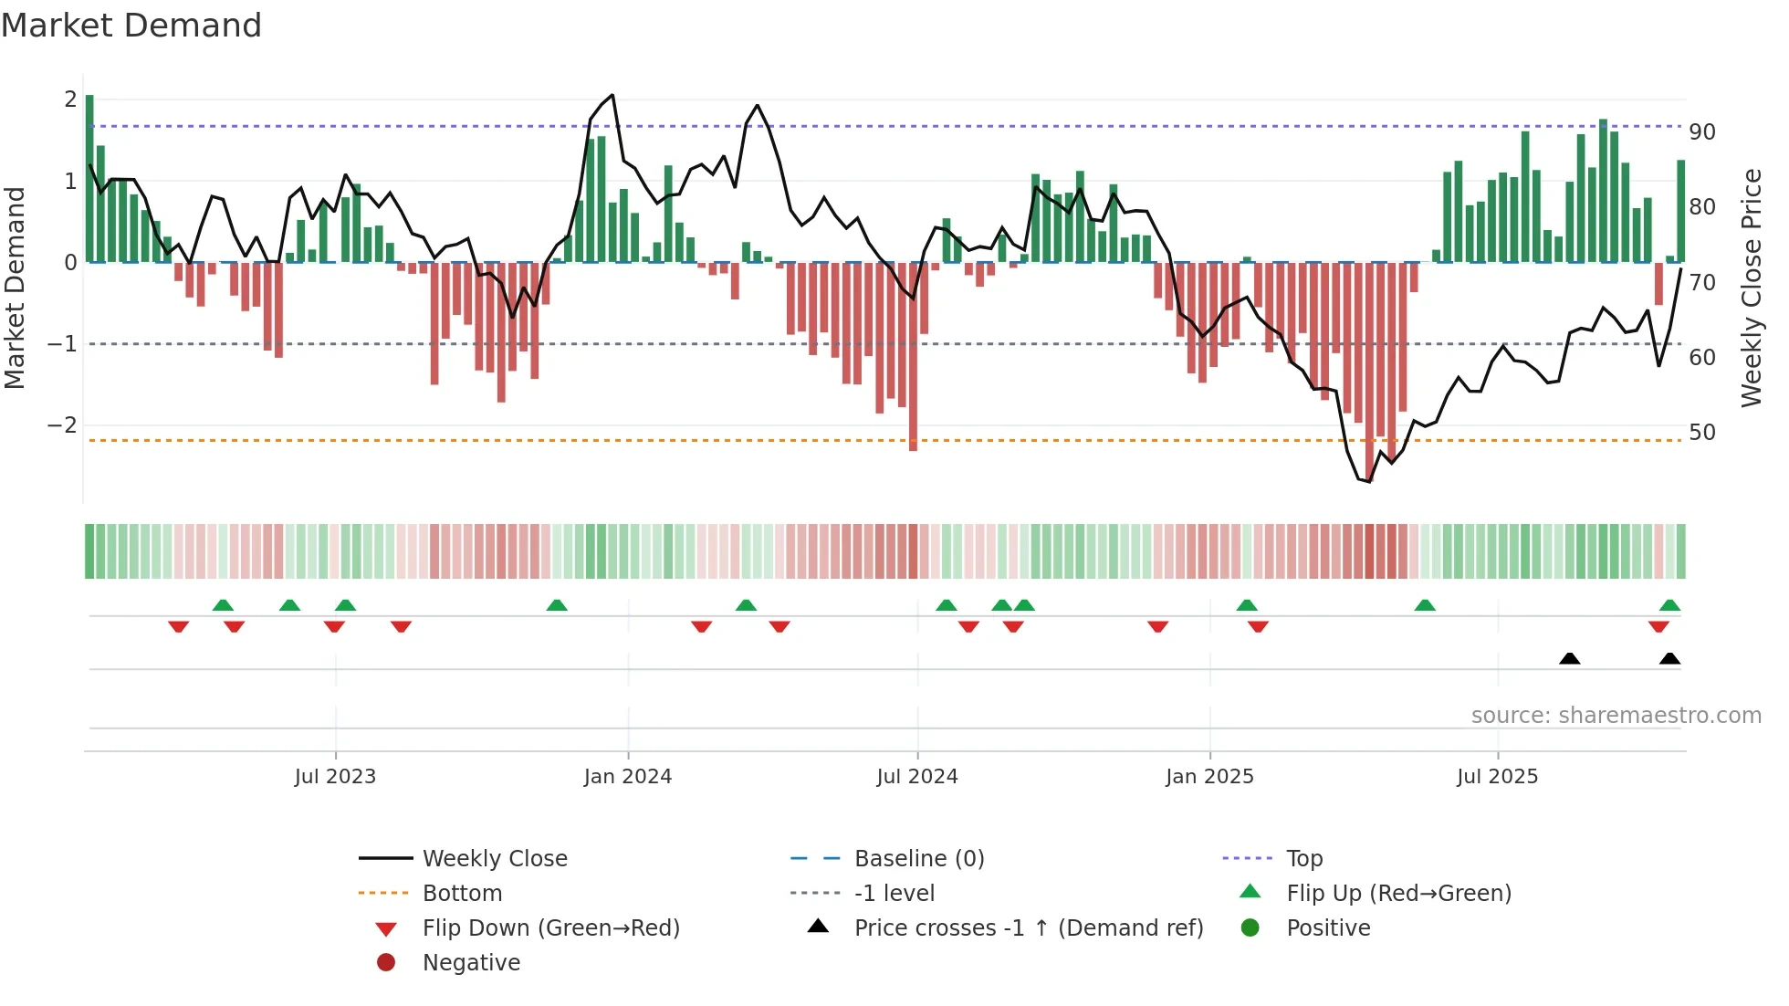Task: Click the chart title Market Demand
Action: [x=131, y=26]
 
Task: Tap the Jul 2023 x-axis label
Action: [x=335, y=777]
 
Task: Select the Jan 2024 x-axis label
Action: [x=628, y=777]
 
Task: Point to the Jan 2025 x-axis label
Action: [x=1209, y=777]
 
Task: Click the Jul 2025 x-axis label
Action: [x=1497, y=777]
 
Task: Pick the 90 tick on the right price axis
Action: [x=1702, y=132]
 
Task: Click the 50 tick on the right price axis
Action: [x=1702, y=433]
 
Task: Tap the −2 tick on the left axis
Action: [x=63, y=425]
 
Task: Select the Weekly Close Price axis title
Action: [x=1751, y=288]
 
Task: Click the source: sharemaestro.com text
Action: [x=1616, y=716]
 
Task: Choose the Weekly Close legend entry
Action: [x=495, y=859]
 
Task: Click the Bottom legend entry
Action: [x=462, y=894]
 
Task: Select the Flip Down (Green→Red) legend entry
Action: [x=550, y=928]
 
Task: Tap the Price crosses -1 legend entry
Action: [x=1028, y=928]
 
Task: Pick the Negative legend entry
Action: [x=471, y=963]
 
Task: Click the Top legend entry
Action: [x=1304, y=859]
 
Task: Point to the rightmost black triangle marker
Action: [x=1669, y=658]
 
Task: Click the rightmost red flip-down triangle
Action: [x=1658, y=626]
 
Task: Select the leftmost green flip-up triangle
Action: [x=223, y=604]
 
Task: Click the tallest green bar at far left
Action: [x=89, y=178]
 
